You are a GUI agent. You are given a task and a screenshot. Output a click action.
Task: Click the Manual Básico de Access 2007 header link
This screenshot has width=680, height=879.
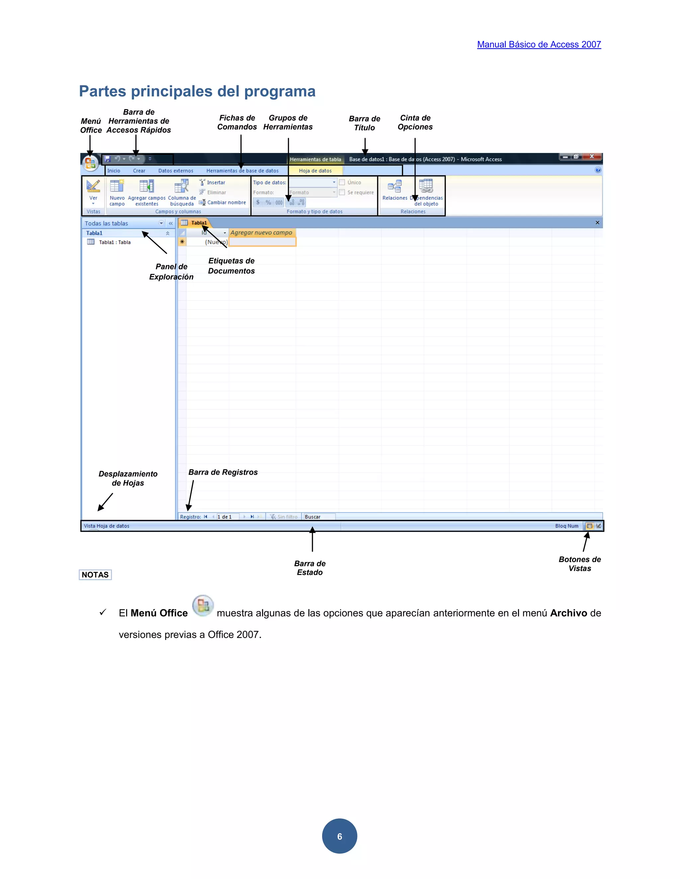click(x=539, y=45)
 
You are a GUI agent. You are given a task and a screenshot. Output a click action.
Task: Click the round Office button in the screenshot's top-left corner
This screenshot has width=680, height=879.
click(x=90, y=163)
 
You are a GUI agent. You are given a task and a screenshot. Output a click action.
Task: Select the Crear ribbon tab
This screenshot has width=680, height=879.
click(x=139, y=170)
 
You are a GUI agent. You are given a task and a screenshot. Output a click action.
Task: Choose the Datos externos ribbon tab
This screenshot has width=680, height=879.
click(x=176, y=170)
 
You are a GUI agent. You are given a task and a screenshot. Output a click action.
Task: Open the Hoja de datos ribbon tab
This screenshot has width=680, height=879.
click(x=315, y=170)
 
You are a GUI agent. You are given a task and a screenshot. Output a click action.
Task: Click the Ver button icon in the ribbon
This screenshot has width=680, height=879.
click(x=93, y=186)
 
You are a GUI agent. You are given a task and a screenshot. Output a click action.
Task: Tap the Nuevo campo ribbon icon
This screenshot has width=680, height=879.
click(x=117, y=186)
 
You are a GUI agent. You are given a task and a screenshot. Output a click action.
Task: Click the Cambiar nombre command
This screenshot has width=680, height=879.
click(x=226, y=202)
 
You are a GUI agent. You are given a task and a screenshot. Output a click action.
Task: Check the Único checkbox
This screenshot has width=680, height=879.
click(x=342, y=182)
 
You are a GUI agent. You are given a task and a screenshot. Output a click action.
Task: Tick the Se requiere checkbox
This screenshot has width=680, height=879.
click(x=342, y=192)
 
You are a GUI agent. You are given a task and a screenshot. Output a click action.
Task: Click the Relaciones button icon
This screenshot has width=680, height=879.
click(x=394, y=186)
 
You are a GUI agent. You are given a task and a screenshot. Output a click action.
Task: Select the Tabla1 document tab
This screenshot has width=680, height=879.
click(x=199, y=223)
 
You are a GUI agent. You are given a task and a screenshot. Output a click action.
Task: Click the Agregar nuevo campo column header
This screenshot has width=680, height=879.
click(x=261, y=233)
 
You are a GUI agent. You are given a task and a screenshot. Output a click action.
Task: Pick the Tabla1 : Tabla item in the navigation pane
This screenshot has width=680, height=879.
click(x=115, y=242)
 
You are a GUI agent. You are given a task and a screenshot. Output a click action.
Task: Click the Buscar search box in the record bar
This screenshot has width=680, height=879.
click(x=318, y=517)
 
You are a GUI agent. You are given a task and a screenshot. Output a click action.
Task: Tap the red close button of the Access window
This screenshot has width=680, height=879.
click(x=591, y=157)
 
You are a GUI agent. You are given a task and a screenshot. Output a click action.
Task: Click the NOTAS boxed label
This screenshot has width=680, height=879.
click(x=95, y=575)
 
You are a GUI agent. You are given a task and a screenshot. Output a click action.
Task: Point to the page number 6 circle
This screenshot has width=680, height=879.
click(x=340, y=836)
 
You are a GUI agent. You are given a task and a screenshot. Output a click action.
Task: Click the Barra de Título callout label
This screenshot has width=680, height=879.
click(x=365, y=123)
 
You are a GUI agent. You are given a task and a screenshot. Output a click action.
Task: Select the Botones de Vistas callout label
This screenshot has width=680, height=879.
click(x=580, y=564)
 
